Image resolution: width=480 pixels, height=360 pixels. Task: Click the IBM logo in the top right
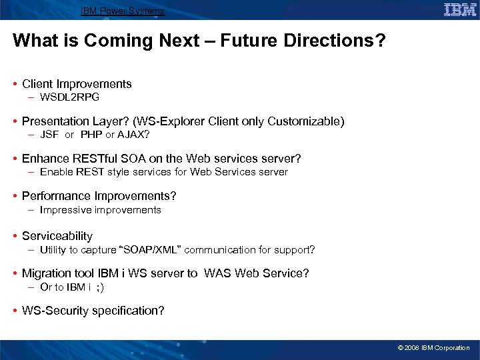point(460,10)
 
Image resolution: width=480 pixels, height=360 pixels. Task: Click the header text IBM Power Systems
point(122,11)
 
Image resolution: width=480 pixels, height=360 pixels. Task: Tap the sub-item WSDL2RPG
point(69,97)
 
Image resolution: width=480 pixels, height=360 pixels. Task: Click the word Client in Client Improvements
point(37,84)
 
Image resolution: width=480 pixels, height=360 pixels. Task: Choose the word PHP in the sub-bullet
point(91,135)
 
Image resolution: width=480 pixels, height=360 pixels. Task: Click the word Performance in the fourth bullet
point(56,196)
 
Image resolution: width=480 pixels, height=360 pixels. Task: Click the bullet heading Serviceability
point(57,236)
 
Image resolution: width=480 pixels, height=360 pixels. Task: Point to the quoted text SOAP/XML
point(150,250)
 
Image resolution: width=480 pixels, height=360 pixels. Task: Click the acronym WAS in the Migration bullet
point(218,273)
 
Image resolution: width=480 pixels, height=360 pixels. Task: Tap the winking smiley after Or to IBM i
point(100,287)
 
